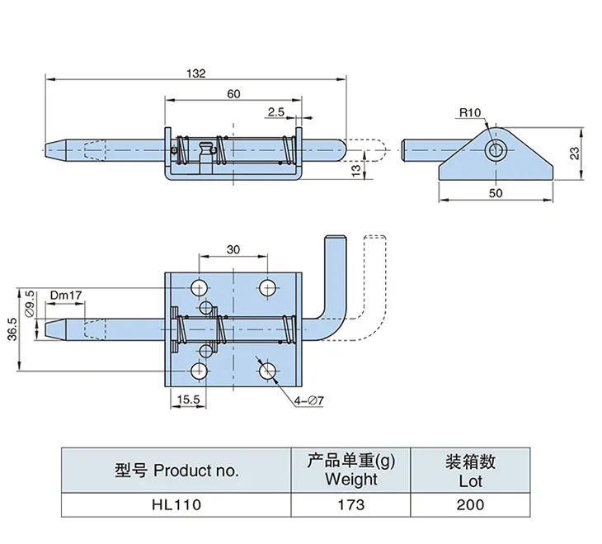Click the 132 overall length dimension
pyautogui.click(x=195, y=73)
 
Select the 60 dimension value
pyautogui.click(x=233, y=94)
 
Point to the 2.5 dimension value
pyautogui.click(x=275, y=111)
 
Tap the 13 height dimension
pyautogui.click(x=355, y=169)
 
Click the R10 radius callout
pyautogui.click(x=470, y=112)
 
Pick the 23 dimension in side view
pyautogui.click(x=573, y=153)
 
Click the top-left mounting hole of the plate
pyautogui.click(x=200, y=287)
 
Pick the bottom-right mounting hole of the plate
pyautogui.click(x=267, y=372)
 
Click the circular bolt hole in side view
pyautogui.click(x=496, y=149)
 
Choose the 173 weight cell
pyautogui.click(x=350, y=504)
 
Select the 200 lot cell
pyautogui.click(x=472, y=504)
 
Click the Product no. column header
pyautogui.click(x=176, y=471)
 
